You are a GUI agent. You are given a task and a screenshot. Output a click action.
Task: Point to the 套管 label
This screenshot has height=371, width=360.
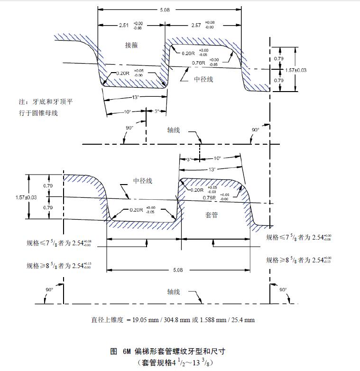pos(211,215)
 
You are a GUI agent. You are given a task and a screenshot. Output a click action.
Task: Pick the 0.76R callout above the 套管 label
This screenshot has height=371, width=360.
pos(211,197)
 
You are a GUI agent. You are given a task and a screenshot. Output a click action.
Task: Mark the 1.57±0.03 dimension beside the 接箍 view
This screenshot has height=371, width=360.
pos(296,70)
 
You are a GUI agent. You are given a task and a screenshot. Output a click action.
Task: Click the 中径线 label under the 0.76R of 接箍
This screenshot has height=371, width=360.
pos(203,79)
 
